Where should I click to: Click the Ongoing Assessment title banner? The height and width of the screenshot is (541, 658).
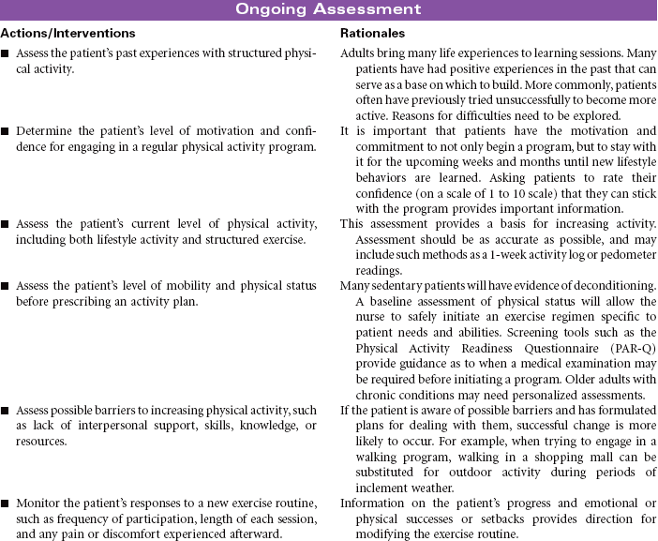(x=328, y=9)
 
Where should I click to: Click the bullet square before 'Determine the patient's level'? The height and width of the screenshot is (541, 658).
(x=6, y=132)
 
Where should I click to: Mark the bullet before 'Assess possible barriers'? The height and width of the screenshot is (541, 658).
(x=6, y=411)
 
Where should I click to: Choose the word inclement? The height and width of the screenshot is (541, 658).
(x=366, y=487)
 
